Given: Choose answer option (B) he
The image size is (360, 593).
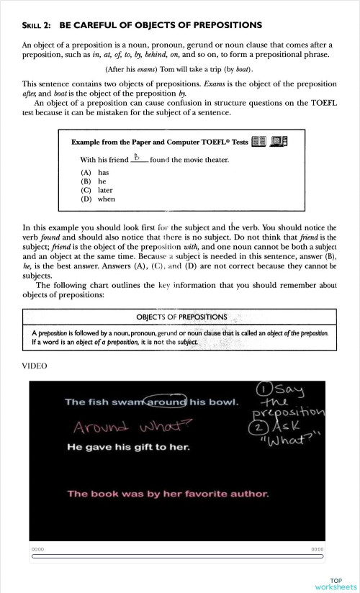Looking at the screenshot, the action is (94, 181).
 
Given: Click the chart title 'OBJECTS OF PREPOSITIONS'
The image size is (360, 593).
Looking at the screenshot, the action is (181, 317).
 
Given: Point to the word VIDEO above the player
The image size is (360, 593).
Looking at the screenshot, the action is (35, 366).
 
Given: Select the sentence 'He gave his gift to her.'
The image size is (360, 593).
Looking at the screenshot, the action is (127, 448).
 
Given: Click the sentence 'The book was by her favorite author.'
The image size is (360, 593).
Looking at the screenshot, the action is (168, 494).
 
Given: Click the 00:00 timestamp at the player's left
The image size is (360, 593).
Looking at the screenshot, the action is (37, 549).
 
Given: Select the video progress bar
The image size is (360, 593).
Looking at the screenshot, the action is (177, 556).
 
